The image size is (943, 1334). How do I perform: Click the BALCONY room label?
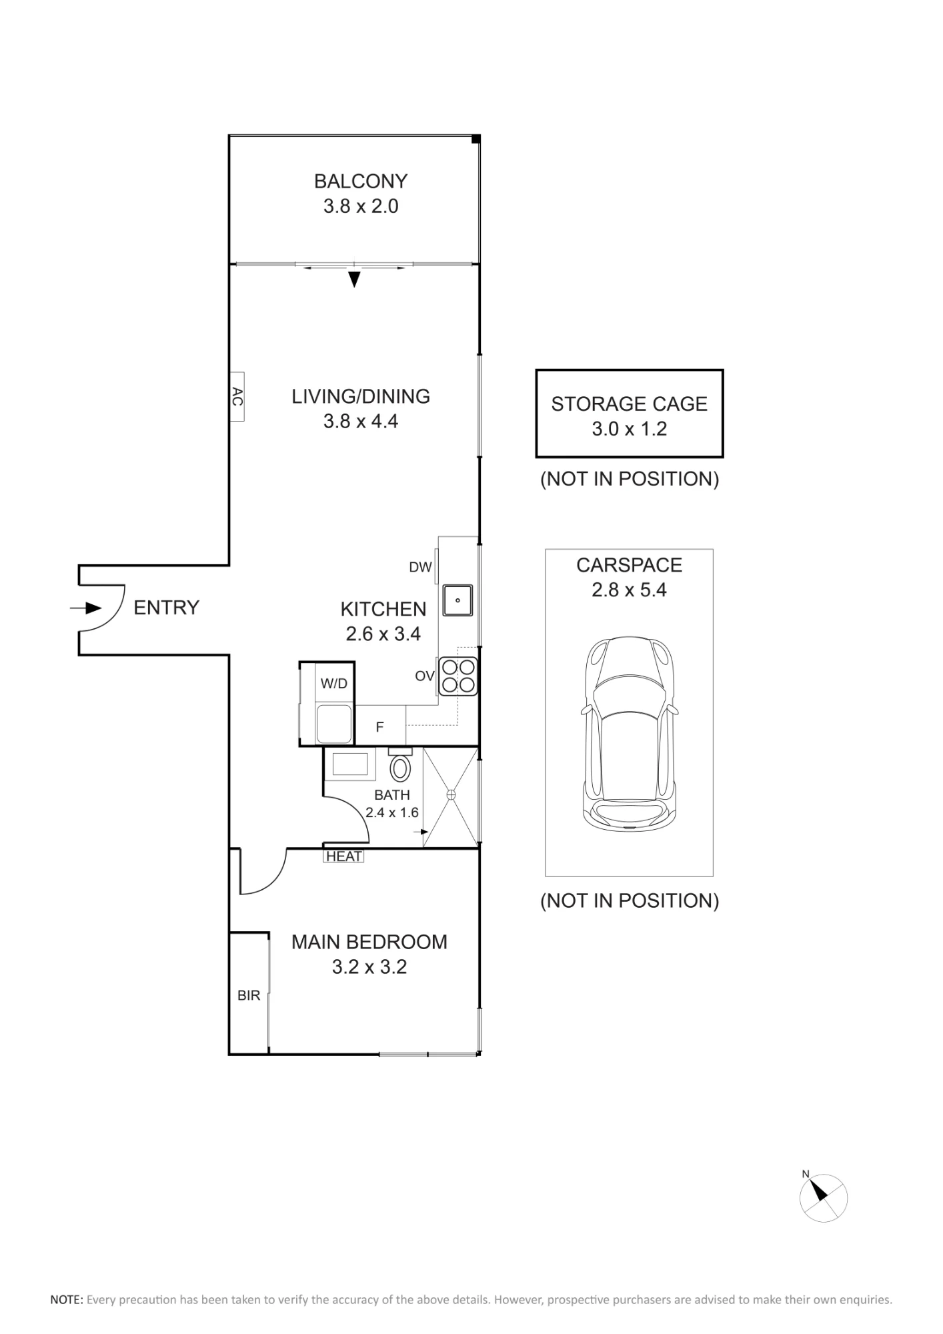[361, 181]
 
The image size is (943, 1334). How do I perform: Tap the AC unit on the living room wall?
[237, 397]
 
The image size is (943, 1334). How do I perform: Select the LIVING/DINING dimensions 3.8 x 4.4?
[361, 422]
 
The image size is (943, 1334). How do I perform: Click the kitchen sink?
[457, 600]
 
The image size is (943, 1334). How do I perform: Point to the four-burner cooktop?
[458, 676]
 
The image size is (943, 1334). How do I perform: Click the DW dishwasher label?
[420, 567]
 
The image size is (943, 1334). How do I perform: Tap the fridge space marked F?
[380, 726]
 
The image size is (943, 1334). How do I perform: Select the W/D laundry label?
[333, 684]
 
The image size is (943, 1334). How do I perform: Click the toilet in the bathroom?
[400, 765]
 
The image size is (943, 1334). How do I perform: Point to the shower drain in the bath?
[451, 794]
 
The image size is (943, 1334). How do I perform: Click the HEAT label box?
[344, 856]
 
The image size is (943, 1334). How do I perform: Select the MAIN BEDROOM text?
[369, 942]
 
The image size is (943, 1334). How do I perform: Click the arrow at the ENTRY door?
[86, 608]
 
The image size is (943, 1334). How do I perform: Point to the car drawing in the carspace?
[630, 733]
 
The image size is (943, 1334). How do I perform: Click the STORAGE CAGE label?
[630, 404]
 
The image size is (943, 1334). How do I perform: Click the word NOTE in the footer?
[67, 1300]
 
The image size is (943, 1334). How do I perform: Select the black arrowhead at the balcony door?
[355, 279]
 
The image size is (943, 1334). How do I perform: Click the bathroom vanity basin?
[349, 764]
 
